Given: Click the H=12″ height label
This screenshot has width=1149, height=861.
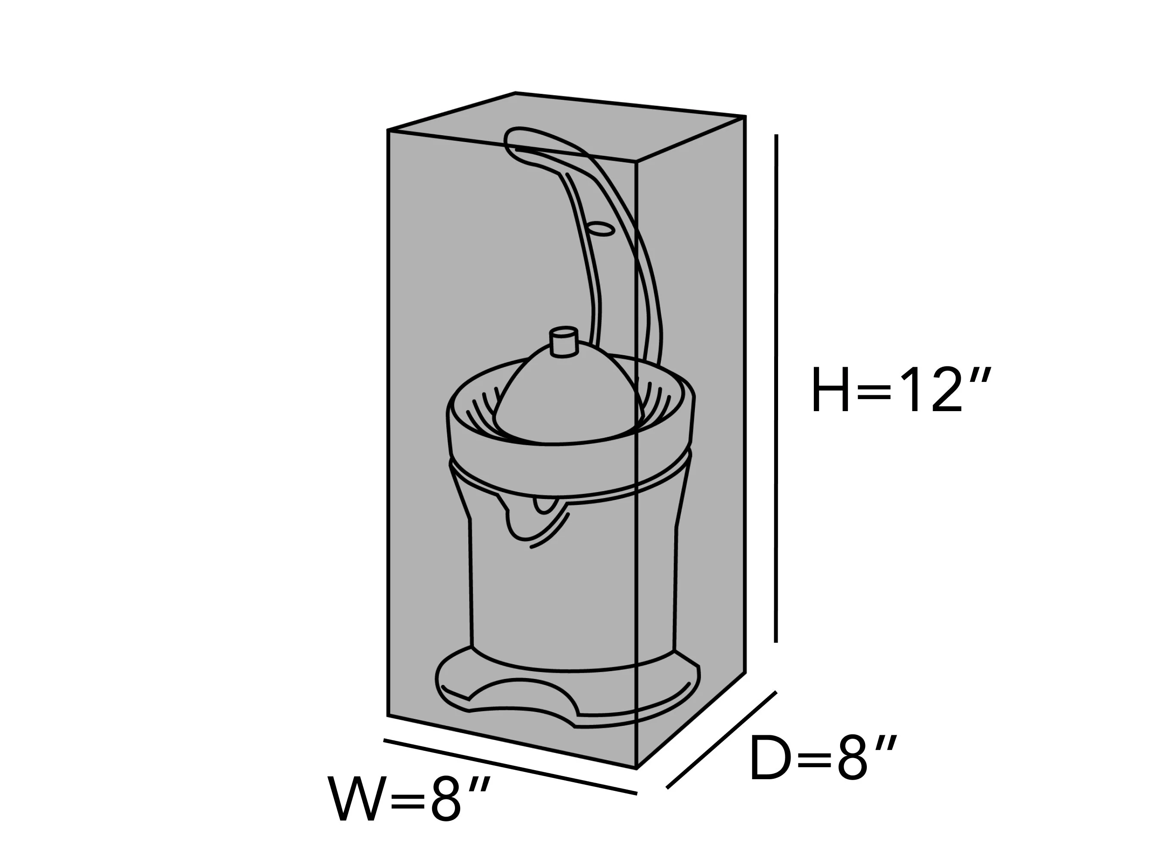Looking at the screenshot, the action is pyautogui.click(x=902, y=389).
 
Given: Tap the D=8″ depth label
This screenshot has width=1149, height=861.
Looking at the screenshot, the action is pyautogui.click(x=823, y=758).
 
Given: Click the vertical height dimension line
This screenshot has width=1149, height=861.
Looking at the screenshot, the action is pyautogui.click(x=776, y=388).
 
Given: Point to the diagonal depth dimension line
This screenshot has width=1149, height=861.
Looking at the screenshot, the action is pyautogui.click(x=722, y=740).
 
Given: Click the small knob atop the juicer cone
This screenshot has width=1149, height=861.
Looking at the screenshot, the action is pyautogui.click(x=564, y=341).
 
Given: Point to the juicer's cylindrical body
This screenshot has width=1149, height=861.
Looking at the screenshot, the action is pyautogui.click(x=573, y=586).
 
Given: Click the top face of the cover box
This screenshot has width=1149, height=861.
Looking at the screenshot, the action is pyautogui.click(x=566, y=127).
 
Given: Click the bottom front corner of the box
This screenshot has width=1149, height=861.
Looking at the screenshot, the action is pyautogui.click(x=637, y=768).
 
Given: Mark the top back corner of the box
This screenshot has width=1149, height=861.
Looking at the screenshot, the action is pyautogui.click(x=515, y=93).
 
